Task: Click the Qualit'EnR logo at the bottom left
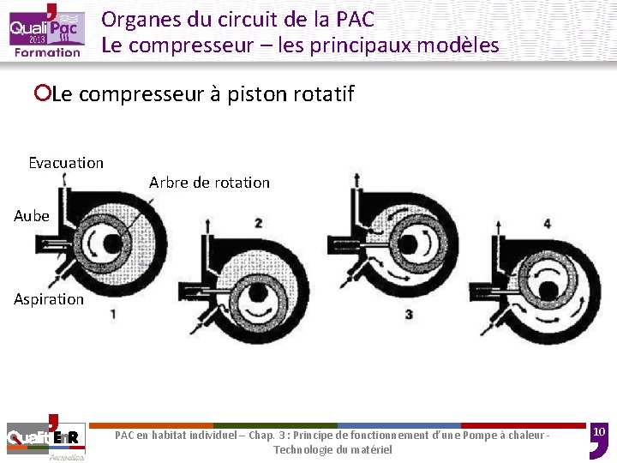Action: pos(43,437)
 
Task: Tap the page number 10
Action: pos(600,430)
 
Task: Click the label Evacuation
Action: pos(66,163)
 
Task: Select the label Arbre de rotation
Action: pos(209,183)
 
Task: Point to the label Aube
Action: pos(32,216)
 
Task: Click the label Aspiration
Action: pos(49,299)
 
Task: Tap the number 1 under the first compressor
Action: pos(113,315)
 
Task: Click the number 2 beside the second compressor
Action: pos(258,223)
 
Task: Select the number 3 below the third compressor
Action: pos(409,315)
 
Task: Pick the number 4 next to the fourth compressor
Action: pos(548,224)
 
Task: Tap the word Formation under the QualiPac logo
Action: pos(47,52)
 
